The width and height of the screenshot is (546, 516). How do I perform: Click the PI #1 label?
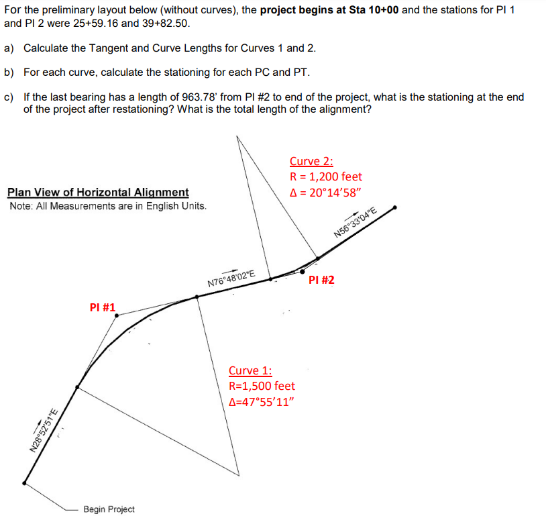click(102, 307)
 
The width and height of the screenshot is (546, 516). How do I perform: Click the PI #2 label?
click(321, 280)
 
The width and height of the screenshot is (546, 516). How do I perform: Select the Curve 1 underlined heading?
click(250, 370)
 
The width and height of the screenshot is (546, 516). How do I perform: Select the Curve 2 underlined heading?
click(311, 161)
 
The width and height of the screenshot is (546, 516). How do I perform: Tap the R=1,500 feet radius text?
click(262, 386)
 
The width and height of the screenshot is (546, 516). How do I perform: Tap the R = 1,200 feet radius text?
click(326, 176)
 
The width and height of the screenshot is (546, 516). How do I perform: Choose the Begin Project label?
click(109, 509)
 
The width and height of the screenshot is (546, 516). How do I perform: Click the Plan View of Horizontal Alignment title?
click(98, 193)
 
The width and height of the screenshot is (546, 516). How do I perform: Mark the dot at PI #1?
click(117, 315)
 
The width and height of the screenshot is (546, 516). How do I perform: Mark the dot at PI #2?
click(303, 271)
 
